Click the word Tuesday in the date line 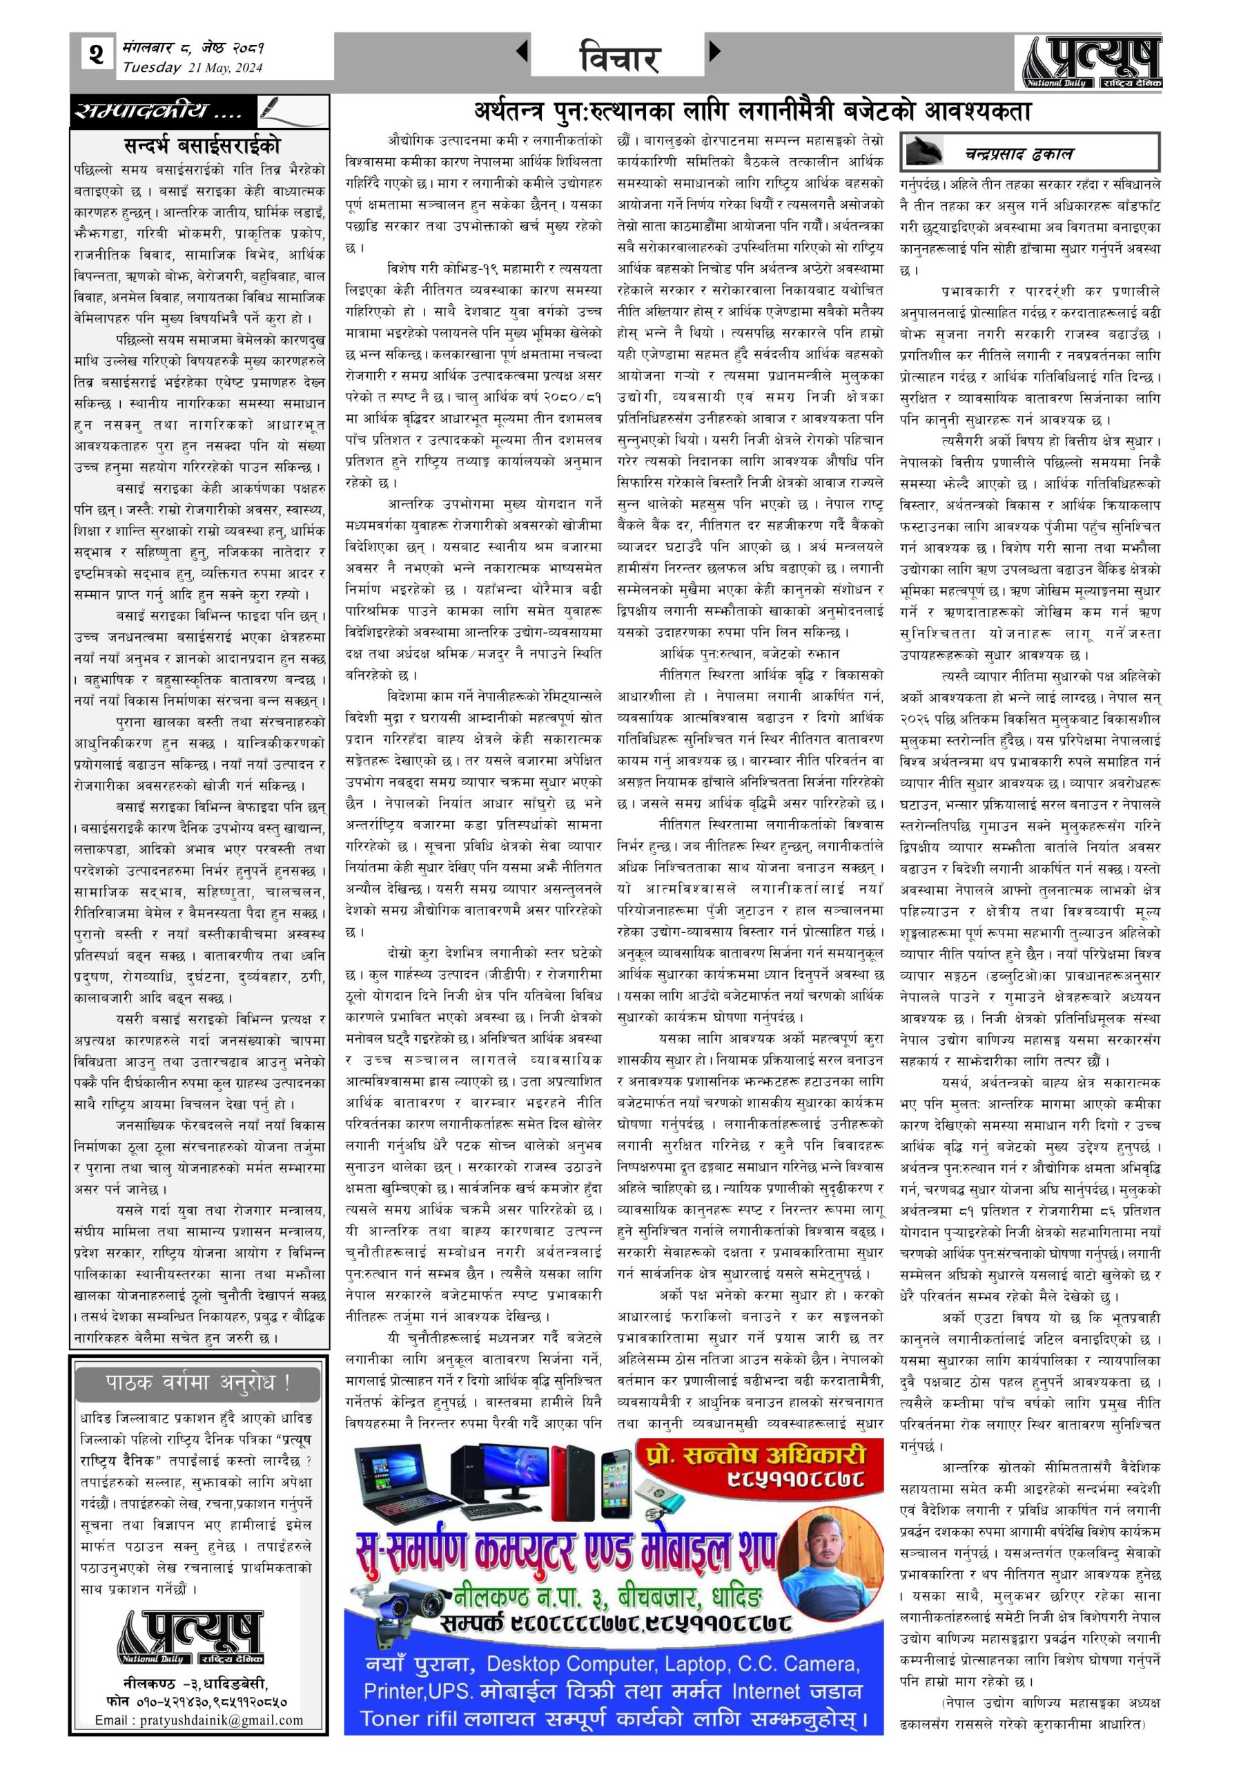(x=152, y=68)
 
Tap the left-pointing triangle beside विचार (x=522, y=52)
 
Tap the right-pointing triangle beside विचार (x=715, y=52)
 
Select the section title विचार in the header (x=619, y=58)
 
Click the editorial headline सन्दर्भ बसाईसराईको (x=202, y=145)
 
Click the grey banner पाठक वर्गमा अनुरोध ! (x=199, y=1382)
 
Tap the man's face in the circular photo (x=820, y=1532)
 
